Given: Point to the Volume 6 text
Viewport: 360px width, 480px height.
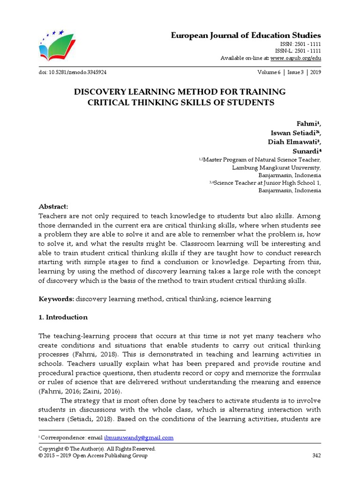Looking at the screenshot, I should click(x=269, y=73).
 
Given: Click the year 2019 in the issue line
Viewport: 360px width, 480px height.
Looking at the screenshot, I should click(x=315, y=73).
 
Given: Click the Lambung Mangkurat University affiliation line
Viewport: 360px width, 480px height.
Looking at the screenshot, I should click(x=277, y=167).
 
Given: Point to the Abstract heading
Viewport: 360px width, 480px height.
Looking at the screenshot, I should click(x=53, y=207).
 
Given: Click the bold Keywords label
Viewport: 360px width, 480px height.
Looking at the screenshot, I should click(x=56, y=299).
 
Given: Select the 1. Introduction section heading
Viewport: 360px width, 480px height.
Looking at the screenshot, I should click(x=62, y=317).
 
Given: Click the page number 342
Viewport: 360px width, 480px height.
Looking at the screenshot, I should click(x=316, y=455).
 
